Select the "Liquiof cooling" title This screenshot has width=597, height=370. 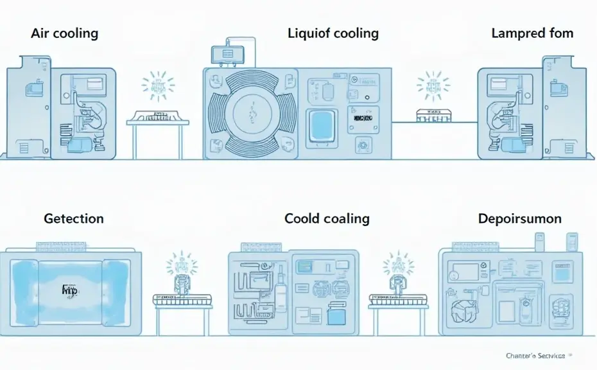coord(333,33)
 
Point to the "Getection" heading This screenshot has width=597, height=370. coord(74,218)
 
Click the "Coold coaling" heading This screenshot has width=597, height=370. coord(327,218)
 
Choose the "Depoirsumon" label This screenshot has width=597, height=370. coord(520,218)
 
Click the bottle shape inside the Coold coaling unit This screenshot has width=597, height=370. coord(281,296)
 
